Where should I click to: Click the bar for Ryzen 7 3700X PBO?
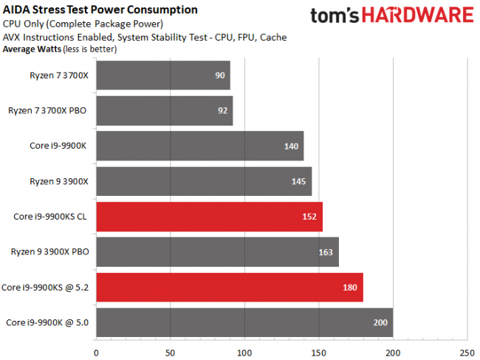(164, 110)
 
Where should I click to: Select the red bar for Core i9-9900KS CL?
(209, 217)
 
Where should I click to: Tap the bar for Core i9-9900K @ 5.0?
(244, 323)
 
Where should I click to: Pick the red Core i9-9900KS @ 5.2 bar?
(229, 288)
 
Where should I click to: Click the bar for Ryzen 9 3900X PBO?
(217, 252)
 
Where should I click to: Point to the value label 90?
(219, 75)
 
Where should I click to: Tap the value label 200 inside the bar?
(380, 323)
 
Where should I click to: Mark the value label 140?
(291, 146)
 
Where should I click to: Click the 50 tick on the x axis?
(171, 352)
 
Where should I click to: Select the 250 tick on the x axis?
(467, 352)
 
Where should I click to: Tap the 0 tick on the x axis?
(96, 352)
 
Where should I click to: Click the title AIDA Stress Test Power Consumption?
(100, 10)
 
